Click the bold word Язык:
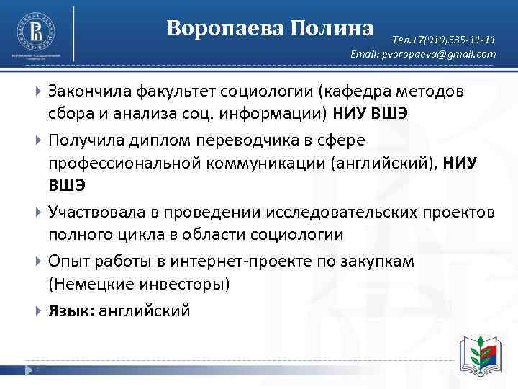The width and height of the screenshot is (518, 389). pos(70,310)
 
